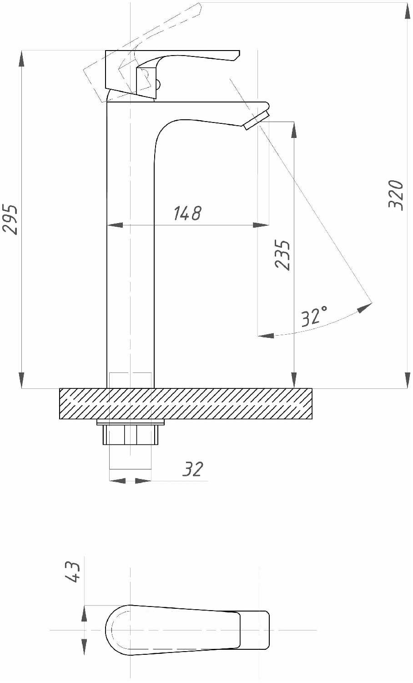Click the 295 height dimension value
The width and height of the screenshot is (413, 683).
click(x=10, y=219)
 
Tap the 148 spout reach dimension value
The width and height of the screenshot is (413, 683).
click(x=187, y=213)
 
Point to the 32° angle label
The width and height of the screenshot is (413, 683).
click(x=314, y=316)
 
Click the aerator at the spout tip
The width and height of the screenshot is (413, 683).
click(x=257, y=121)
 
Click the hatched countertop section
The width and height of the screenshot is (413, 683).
click(x=186, y=404)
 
